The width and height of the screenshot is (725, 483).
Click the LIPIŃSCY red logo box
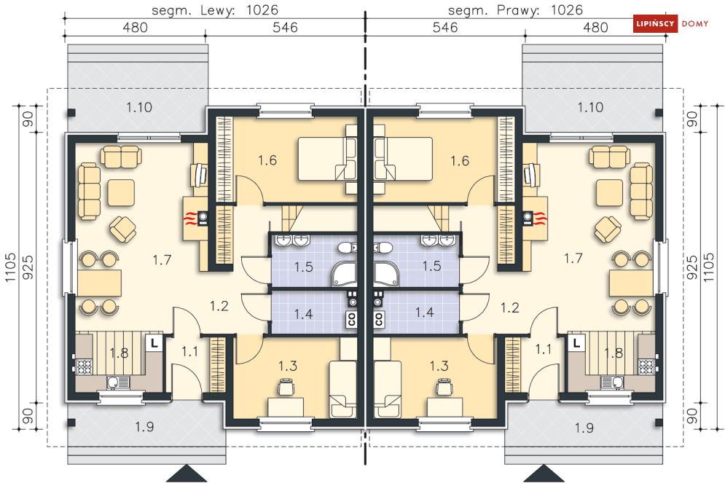click(655, 23)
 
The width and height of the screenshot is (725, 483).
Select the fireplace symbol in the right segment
click(535, 217)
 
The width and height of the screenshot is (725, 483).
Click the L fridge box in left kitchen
click(154, 343)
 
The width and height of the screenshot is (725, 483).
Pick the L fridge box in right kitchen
click(576, 343)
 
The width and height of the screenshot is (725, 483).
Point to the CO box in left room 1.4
click(351, 319)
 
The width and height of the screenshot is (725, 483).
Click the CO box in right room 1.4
click(379, 319)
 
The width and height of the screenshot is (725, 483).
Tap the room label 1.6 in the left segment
click(267, 160)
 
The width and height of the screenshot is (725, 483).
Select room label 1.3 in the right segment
click(439, 366)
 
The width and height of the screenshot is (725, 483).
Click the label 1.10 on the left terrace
click(139, 107)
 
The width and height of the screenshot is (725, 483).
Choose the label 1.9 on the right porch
click(584, 428)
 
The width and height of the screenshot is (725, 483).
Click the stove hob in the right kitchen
click(646, 366)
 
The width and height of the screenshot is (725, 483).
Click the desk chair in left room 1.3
click(286, 387)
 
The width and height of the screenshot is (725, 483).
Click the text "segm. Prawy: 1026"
click(516, 9)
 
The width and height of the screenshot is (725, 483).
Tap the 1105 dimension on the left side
click(10, 267)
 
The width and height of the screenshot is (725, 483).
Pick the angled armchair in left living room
click(123, 229)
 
